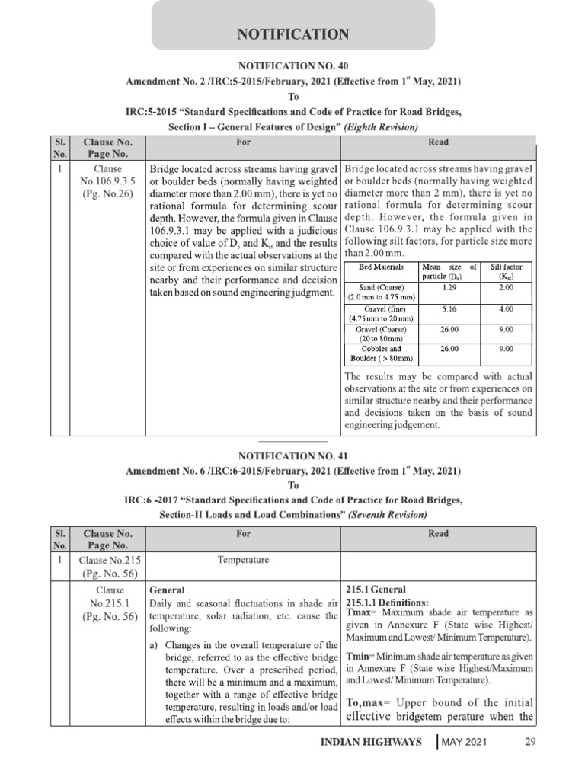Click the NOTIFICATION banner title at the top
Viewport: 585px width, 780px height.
293,34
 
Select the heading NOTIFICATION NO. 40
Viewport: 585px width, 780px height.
293,66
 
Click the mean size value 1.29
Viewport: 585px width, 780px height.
449,287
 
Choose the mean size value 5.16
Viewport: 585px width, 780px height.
449,310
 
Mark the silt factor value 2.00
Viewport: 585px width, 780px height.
507,287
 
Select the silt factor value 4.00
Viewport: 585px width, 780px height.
507,310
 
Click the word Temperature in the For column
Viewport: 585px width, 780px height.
243,559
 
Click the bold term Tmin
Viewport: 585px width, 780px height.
359,655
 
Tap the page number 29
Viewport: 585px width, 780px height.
531,741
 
